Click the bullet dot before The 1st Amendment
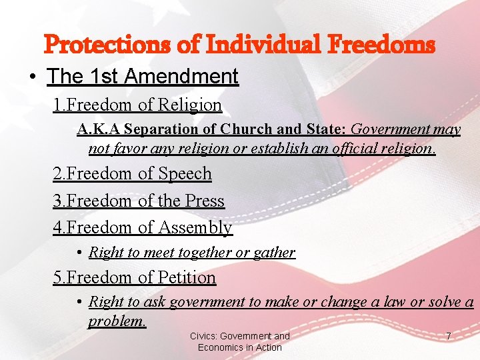33,77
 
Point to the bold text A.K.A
99,129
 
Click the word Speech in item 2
185,174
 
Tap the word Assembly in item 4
195,228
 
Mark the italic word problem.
117,321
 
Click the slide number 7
448,337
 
